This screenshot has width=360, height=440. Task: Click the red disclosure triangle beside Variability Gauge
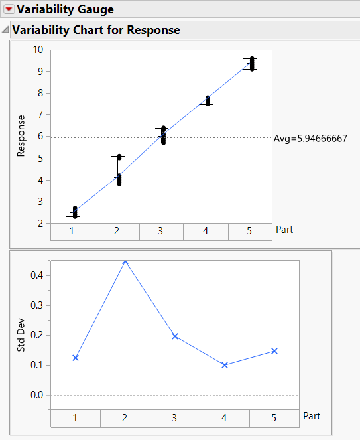[9, 9]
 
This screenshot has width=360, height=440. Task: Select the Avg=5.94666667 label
[311, 139]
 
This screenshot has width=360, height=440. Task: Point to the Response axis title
[21, 136]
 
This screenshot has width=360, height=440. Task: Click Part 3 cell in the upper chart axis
[161, 231]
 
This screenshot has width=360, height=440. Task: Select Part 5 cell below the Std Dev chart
[274, 418]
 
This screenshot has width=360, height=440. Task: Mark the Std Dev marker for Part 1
[76, 358]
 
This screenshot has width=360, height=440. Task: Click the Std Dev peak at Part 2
[125, 262]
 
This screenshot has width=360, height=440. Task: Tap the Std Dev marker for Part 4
[225, 365]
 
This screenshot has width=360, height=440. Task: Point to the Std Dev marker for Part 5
[274, 351]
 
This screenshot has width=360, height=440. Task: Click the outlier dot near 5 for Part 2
[119, 157]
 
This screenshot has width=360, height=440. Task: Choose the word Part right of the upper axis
[284, 230]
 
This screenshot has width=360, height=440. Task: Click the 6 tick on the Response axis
[39, 137]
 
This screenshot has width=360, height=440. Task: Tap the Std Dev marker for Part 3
[175, 336]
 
